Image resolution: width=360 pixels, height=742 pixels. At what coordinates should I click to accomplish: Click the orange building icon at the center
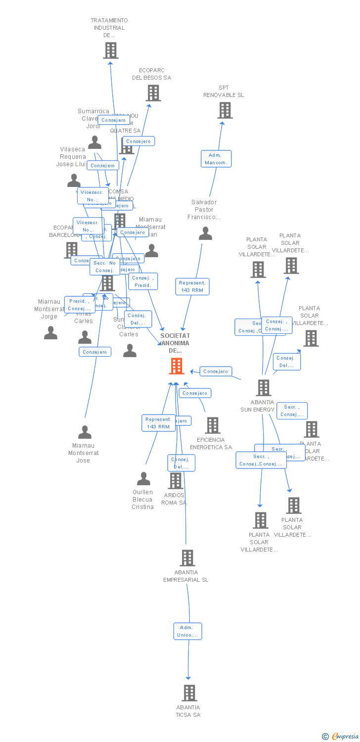point(177,366)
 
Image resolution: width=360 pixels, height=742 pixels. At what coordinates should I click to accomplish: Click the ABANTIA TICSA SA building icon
point(189,693)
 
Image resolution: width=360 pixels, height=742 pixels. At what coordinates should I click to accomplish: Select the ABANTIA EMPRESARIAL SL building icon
point(187,557)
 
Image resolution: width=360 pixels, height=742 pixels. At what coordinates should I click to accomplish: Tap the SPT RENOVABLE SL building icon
point(225,110)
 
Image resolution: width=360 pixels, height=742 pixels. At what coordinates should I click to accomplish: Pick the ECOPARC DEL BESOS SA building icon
point(153,93)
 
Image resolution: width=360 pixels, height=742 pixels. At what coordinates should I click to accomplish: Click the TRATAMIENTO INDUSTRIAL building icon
point(110,50)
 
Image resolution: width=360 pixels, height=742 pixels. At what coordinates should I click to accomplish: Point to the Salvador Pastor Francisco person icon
point(205,233)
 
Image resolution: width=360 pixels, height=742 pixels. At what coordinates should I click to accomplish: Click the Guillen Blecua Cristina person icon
point(143,478)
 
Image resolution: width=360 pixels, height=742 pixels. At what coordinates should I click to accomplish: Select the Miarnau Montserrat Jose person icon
point(85,432)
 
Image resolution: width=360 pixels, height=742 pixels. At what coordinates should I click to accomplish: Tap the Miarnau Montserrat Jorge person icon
point(50,333)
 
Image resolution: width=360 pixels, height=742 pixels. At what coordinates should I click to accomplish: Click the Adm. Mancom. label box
point(216,159)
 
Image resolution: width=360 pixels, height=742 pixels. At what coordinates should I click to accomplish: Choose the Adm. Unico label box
point(188,631)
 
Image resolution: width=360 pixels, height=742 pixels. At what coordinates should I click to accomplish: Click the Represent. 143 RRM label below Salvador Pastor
point(192,286)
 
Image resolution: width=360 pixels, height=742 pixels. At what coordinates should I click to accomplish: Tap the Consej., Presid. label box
point(143,281)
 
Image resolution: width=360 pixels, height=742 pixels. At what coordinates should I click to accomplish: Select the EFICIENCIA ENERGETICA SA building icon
point(212,425)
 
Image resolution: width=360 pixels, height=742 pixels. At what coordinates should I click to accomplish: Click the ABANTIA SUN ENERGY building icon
point(264,388)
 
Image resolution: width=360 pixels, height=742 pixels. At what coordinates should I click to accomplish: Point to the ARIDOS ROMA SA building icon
point(176,481)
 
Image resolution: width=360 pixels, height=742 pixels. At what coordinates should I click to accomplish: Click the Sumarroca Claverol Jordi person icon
point(94,142)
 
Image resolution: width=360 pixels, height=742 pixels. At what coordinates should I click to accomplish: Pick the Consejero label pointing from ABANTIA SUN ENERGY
point(216,371)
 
